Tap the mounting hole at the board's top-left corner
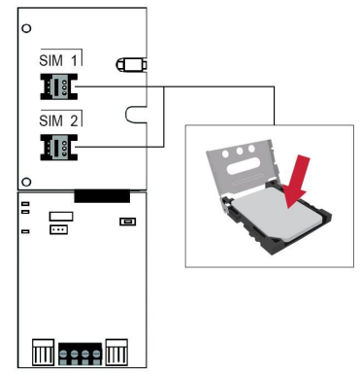[x=26, y=27]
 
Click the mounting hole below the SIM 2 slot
[x=28, y=180]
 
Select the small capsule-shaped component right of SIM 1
[x=129, y=65]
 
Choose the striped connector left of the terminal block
[x=43, y=351]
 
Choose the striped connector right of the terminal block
[x=117, y=351]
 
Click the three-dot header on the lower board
[x=60, y=230]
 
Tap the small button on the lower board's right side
[x=126, y=222]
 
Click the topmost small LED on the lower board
[x=25, y=205]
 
